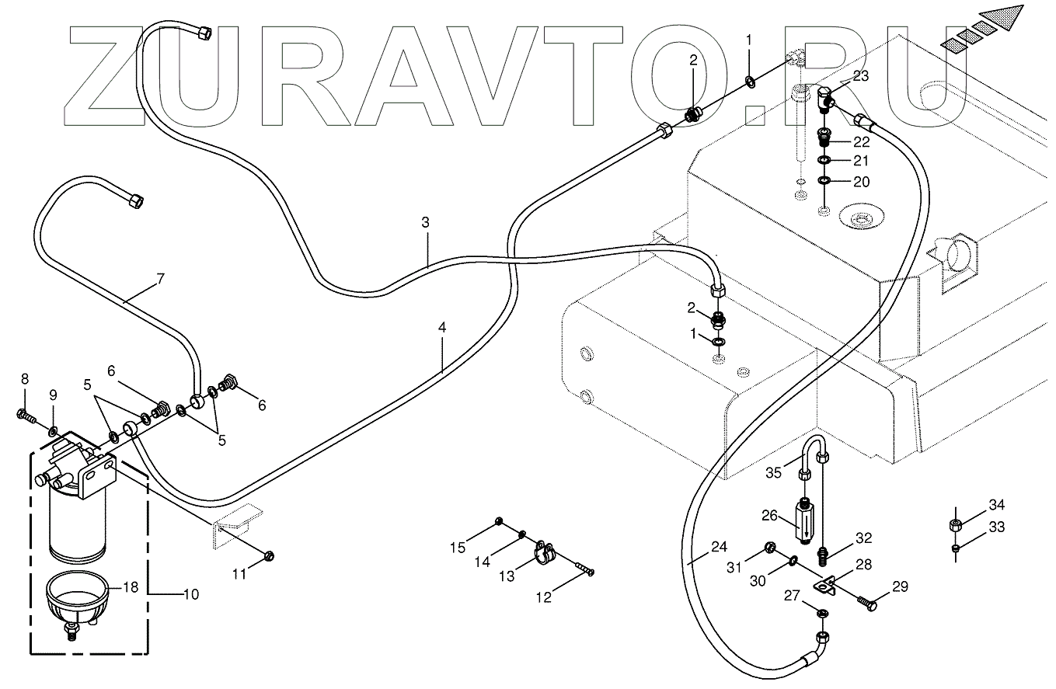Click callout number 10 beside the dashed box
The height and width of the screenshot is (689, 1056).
click(190, 595)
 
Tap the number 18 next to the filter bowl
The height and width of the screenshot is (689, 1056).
click(131, 587)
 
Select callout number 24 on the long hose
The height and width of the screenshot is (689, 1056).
click(719, 547)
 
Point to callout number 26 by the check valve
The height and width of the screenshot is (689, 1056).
click(769, 516)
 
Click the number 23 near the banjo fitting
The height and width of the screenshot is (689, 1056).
click(860, 76)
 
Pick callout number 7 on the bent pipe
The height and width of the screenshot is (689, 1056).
click(160, 279)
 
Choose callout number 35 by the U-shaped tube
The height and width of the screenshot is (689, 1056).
click(774, 473)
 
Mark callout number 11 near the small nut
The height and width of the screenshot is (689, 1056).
click(239, 575)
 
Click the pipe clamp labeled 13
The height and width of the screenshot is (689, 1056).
click(545, 553)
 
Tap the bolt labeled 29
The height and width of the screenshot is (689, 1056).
click(866, 604)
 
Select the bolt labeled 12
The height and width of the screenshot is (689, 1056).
click(584, 568)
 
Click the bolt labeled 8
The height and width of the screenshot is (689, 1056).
click(26, 416)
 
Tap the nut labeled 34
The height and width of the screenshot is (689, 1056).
click(956, 525)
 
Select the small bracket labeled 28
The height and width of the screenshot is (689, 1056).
click(824, 587)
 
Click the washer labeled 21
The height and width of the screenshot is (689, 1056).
click(824, 161)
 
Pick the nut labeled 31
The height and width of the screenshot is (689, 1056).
click(769, 547)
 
